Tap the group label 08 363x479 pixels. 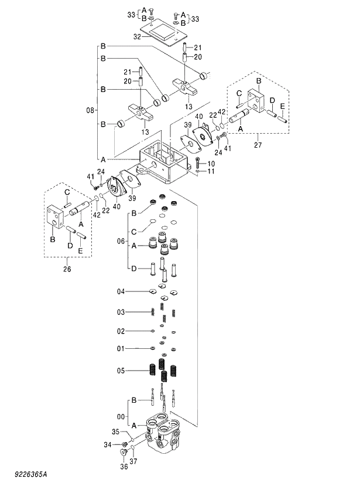pyautogui.click(x=90, y=110)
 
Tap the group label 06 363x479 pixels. pyautogui.click(x=121, y=241)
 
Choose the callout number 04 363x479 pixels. pyautogui.click(x=121, y=291)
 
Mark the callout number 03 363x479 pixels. pyautogui.click(x=121, y=311)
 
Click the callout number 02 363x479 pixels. pyautogui.click(x=121, y=331)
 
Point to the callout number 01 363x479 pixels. pyautogui.click(x=121, y=349)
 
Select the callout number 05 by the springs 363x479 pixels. pyautogui.click(x=121, y=370)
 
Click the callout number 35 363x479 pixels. pyautogui.click(x=116, y=432)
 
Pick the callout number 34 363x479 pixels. pyautogui.click(x=108, y=445)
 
